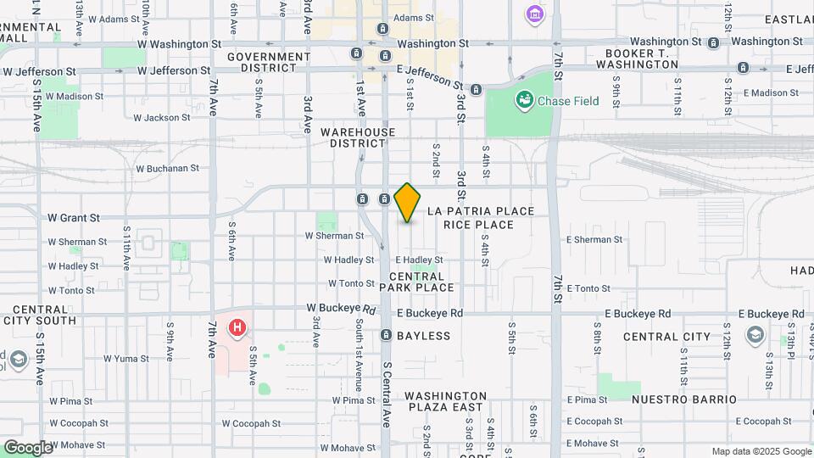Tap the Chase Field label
click(x=568, y=101)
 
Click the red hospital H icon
click(x=238, y=327)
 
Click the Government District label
click(x=268, y=62)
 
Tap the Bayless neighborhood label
click(x=427, y=336)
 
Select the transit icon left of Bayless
click(x=386, y=335)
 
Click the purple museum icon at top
click(x=533, y=14)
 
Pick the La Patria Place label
click(x=481, y=210)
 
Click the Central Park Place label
click(x=416, y=282)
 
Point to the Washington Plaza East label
click(x=445, y=401)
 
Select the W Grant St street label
click(x=74, y=218)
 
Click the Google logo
click(x=28, y=447)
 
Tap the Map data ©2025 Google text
click(x=761, y=451)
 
